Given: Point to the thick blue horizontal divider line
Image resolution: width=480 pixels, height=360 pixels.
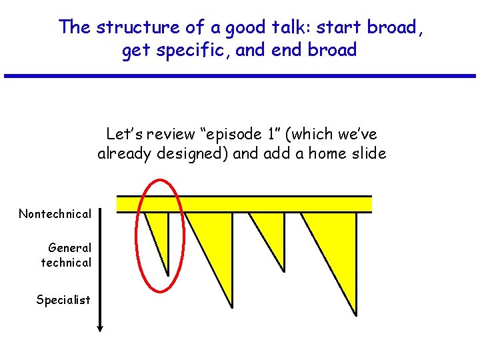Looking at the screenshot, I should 240,76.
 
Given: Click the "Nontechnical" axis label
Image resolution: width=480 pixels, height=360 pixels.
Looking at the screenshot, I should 55,214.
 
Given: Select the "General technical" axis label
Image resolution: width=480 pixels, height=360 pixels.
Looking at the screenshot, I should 67,255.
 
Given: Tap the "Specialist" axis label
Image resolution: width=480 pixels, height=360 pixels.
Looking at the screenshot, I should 63,300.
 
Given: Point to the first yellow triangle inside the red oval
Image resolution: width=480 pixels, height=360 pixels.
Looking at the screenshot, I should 160,230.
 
